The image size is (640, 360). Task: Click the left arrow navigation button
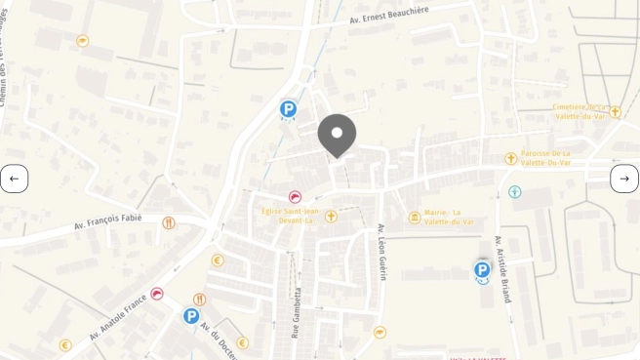(14, 179)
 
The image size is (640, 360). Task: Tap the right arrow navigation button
(624, 179)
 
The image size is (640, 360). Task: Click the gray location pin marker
(337, 136)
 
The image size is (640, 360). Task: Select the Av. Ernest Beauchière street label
(388, 15)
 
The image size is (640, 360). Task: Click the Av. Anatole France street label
(116, 314)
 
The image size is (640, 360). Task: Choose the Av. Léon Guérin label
(381, 252)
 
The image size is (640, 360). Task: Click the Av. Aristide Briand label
(502, 268)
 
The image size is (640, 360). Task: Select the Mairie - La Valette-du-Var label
(449, 217)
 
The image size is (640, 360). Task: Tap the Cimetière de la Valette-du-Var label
(579, 111)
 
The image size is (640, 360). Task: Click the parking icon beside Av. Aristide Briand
(482, 270)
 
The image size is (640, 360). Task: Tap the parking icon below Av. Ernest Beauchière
(288, 109)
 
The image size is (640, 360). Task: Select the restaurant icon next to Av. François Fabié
(169, 223)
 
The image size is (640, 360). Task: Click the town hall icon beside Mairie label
(415, 217)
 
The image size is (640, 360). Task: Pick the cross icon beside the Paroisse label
(510, 158)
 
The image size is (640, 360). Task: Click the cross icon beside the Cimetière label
(615, 112)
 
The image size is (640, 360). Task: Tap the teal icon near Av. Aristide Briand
(515, 192)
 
